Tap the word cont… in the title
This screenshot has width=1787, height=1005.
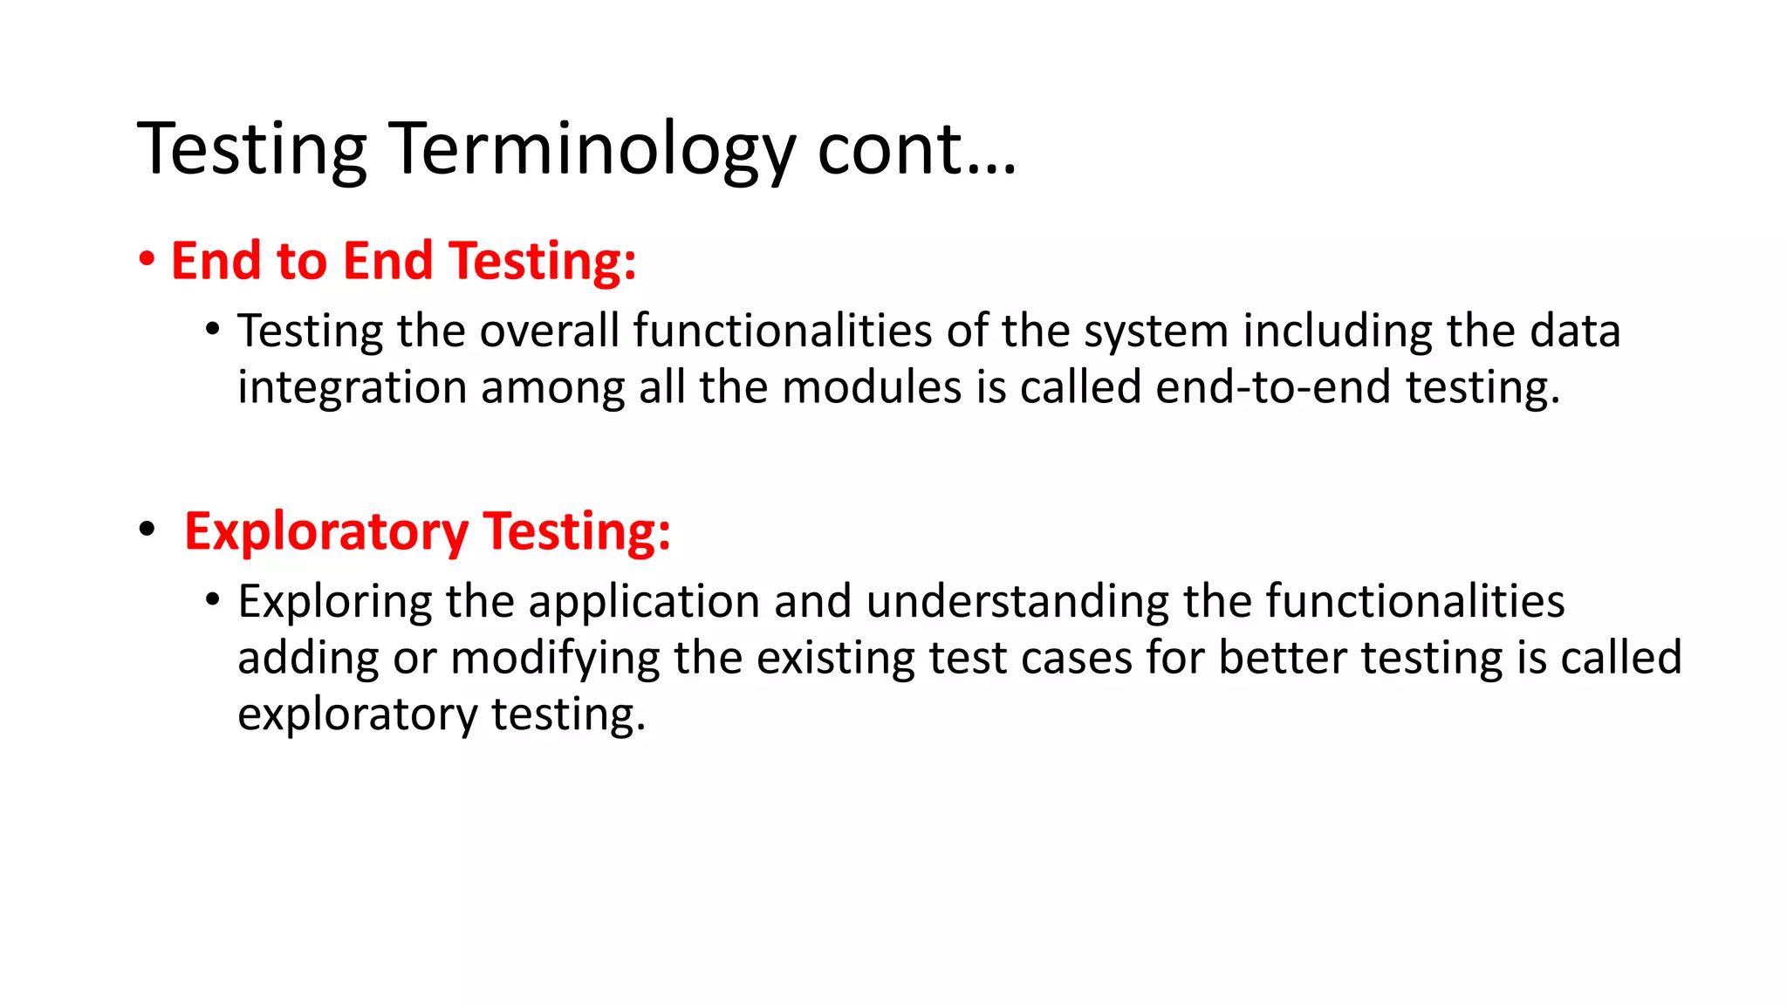click(916, 150)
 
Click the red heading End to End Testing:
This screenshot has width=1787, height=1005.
click(403, 261)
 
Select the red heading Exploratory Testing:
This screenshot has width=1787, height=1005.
click(428, 531)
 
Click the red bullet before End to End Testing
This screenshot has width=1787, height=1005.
click(147, 260)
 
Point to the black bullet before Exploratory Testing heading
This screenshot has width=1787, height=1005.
click(147, 530)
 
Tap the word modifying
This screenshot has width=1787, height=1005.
click(555, 659)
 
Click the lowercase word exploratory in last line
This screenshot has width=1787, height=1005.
click(357, 715)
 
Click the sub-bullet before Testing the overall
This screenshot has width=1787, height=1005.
click(213, 330)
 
